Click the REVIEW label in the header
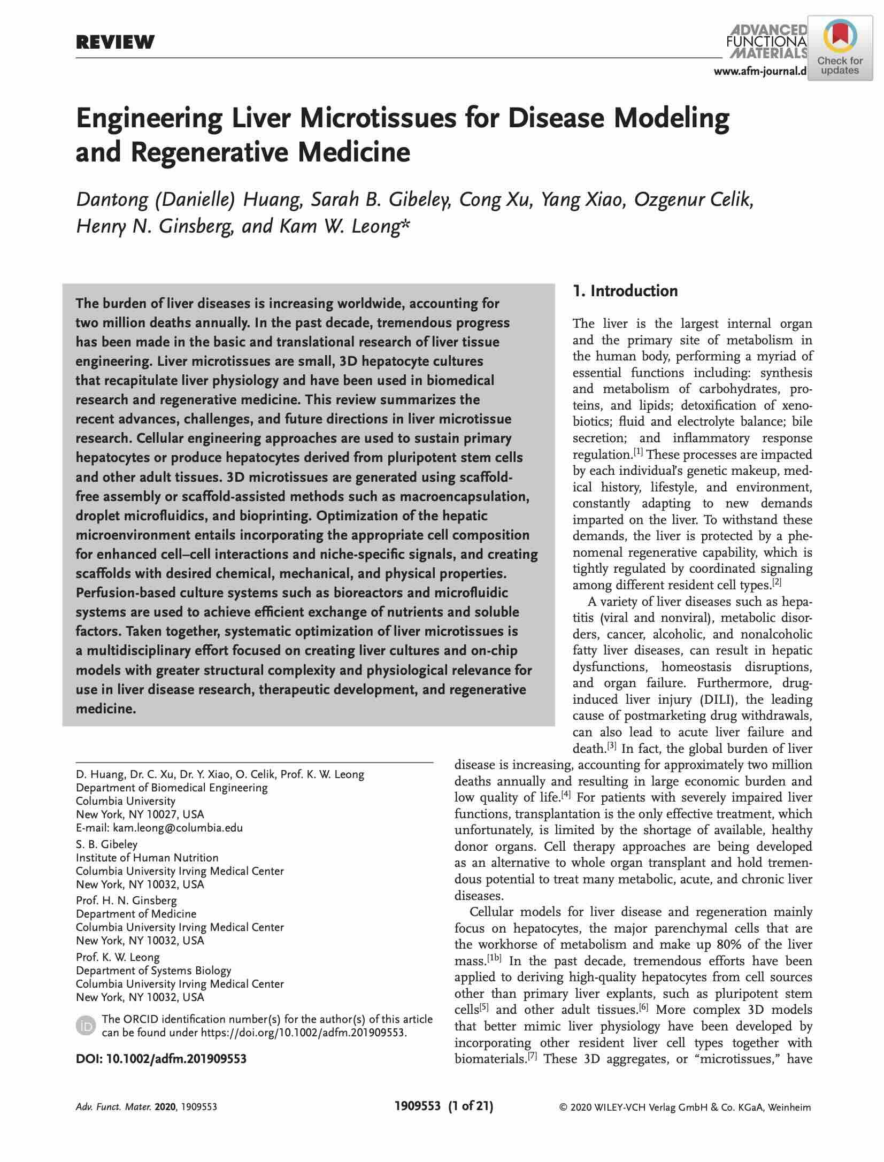(x=115, y=42)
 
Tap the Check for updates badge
(x=840, y=48)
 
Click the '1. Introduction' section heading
(x=625, y=291)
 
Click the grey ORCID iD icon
(x=86, y=1025)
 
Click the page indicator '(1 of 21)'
(x=470, y=1106)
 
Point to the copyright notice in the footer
(x=685, y=1107)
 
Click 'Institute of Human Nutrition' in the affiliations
(x=147, y=857)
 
